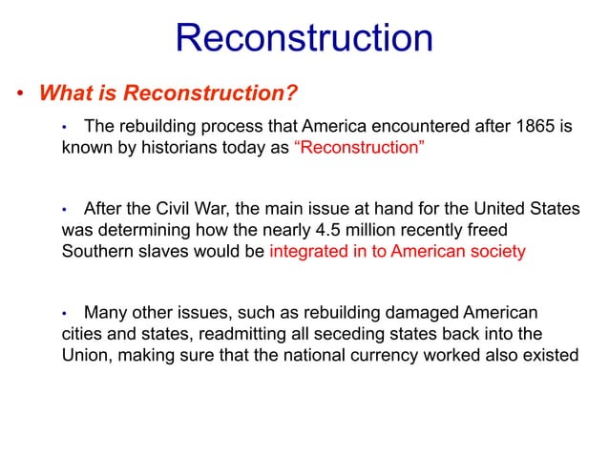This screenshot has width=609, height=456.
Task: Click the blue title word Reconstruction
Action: coord(304,39)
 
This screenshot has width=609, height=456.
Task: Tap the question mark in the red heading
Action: coord(293,93)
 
